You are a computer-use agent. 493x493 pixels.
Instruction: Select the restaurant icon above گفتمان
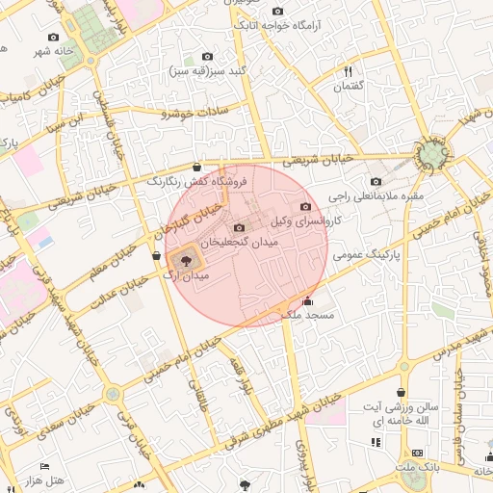click(x=349, y=71)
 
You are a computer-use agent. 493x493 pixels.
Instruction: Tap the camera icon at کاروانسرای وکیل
click(x=306, y=206)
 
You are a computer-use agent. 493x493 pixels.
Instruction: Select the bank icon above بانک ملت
click(x=417, y=453)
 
